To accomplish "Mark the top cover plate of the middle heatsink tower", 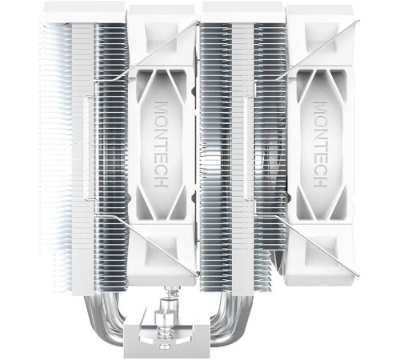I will (x=240, y=11).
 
